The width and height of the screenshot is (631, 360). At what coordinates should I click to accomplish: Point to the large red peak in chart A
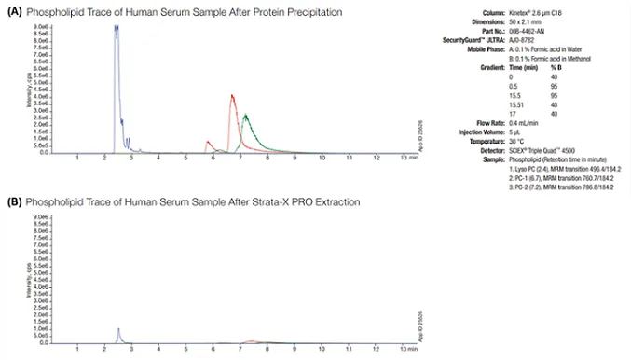coord(231,96)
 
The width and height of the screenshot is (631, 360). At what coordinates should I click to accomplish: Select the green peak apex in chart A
coord(244,116)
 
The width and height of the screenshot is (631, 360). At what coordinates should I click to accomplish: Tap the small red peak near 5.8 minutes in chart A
coord(208,142)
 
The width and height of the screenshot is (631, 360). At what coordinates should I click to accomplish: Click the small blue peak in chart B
coord(118,329)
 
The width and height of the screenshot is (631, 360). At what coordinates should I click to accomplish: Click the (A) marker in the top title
coord(14,11)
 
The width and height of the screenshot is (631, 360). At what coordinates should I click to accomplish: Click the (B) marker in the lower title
coord(14,201)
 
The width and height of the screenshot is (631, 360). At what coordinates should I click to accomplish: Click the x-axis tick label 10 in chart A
coord(322,158)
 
